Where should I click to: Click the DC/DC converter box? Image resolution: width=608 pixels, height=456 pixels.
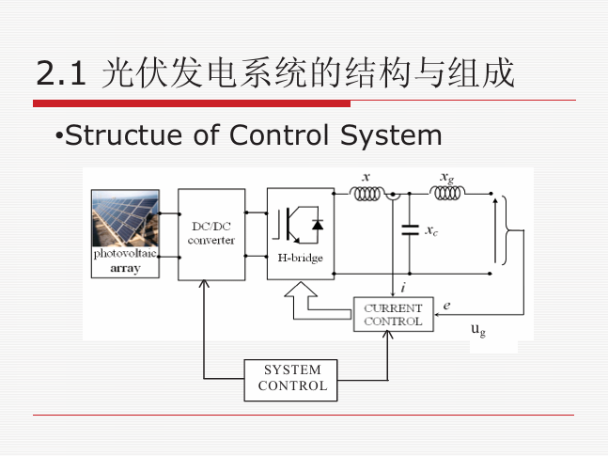tap(211, 234)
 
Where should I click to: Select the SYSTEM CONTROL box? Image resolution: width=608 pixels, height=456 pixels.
tap(290, 380)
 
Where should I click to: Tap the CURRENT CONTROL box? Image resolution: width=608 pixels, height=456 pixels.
tap(393, 314)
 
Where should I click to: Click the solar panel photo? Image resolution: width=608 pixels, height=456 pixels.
tap(125, 218)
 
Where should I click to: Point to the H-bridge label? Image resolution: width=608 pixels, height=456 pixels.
tap(300, 258)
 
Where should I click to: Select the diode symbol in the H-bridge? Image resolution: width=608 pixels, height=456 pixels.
tap(318, 225)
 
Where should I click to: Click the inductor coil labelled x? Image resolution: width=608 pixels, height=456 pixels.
tap(366, 194)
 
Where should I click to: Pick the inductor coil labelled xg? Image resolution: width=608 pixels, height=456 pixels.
tap(447, 193)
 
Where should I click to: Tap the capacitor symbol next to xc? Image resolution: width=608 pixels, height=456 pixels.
tap(410, 230)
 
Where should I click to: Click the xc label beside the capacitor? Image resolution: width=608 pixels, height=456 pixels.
tap(431, 231)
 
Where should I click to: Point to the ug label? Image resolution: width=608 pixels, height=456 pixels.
tap(478, 330)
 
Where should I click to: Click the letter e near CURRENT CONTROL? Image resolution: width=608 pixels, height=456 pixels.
tap(446, 306)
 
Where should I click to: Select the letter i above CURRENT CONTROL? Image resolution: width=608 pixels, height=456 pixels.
tap(403, 288)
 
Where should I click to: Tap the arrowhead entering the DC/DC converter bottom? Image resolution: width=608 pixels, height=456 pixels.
tap(204, 284)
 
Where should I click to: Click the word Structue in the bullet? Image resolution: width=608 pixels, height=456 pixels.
tap(124, 135)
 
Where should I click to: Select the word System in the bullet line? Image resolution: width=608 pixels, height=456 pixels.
tap(391, 136)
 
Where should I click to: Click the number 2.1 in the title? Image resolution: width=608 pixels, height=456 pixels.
tap(61, 73)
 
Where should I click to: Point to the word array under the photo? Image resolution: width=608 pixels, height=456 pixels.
tap(125, 269)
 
